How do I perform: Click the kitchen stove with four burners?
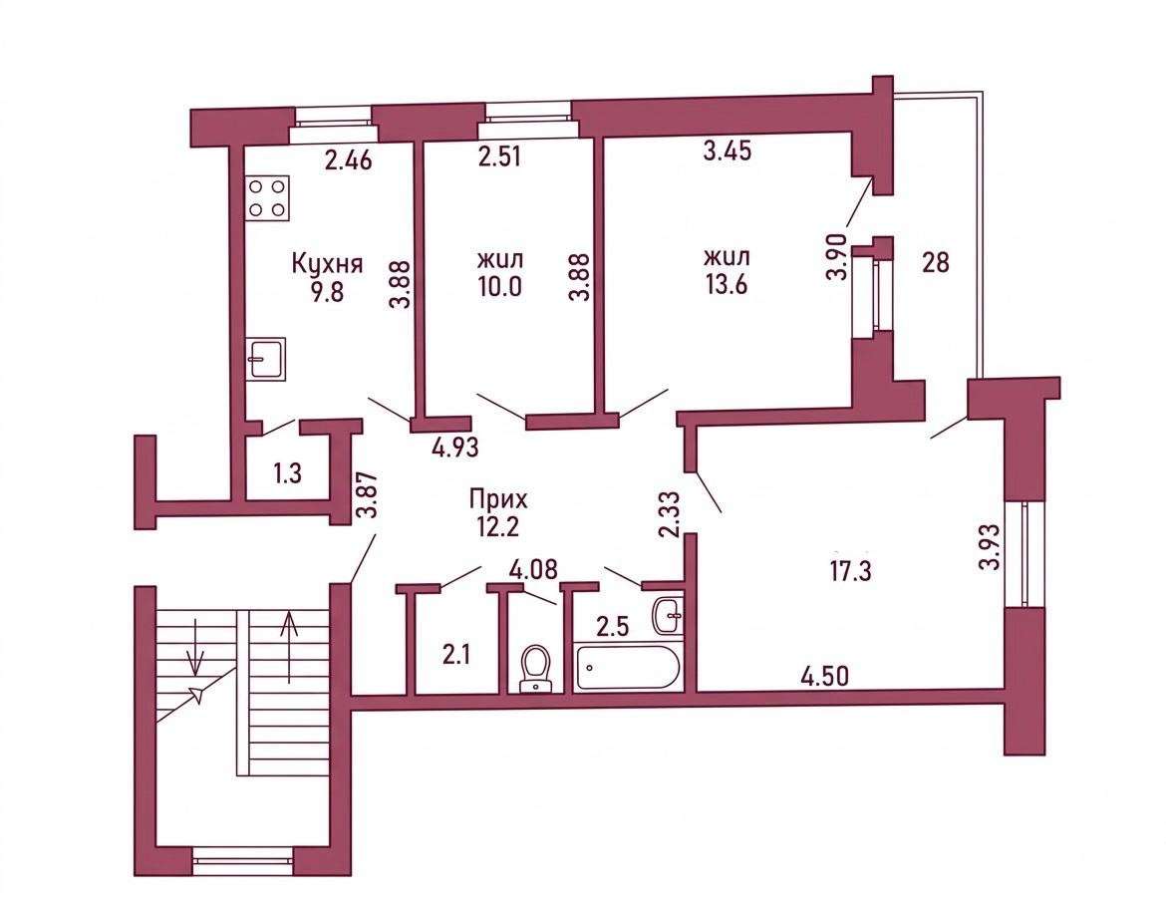click(x=268, y=198)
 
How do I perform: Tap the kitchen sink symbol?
click(x=266, y=359)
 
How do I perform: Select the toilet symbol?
click(x=534, y=669)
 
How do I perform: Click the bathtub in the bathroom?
click(x=627, y=667)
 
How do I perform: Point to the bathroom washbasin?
click(x=668, y=615)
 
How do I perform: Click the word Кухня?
click(x=327, y=264)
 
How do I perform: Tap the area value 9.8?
click(x=327, y=292)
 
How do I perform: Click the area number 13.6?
click(x=726, y=285)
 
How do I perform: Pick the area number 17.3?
click(x=851, y=571)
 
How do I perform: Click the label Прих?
click(x=497, y=498)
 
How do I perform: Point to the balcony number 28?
click(x=936, y=262)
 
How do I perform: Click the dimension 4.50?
click(x=825, y=677)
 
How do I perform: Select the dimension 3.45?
click(x=728, y=151)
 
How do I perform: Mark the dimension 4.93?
click(x=454, y=448)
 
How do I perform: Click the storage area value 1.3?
click(x=287, y=473)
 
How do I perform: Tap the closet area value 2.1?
click(x=455, y=656)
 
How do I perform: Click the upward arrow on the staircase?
click(x=289, y=647)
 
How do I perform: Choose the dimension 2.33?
click(x=670, y=514)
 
